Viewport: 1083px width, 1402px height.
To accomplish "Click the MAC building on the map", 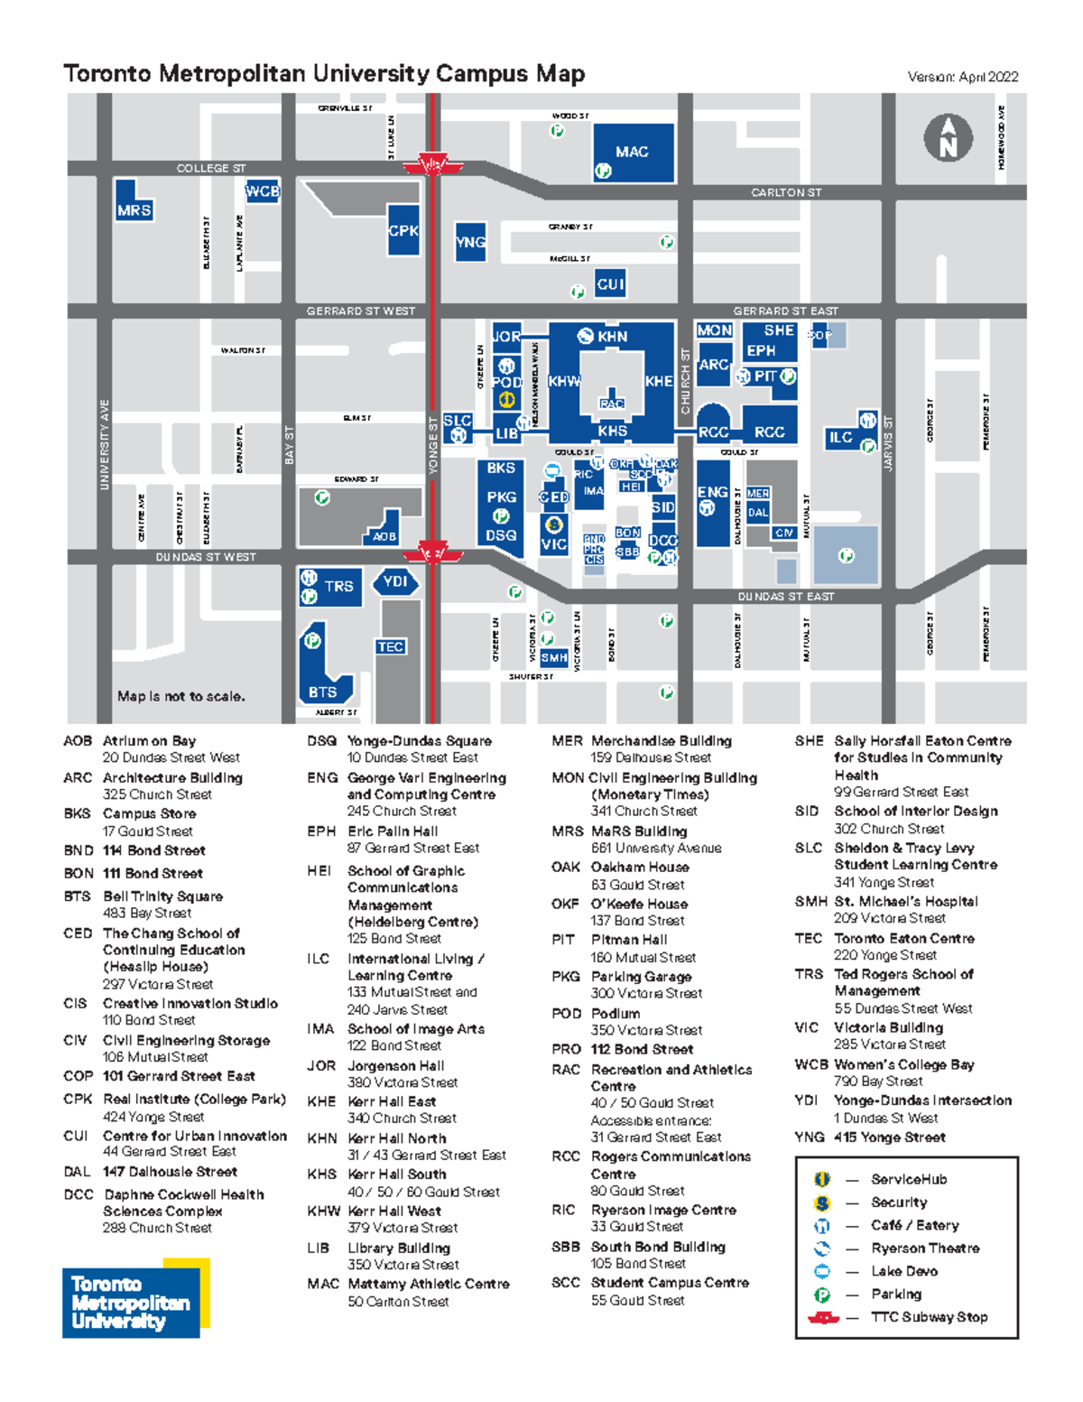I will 633,152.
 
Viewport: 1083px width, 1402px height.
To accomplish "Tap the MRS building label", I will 134,210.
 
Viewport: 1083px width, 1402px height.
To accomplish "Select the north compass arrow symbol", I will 948,138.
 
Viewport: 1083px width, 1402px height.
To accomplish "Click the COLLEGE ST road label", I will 210,168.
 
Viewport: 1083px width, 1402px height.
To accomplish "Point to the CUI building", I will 610,284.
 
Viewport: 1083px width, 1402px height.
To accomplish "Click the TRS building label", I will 338,586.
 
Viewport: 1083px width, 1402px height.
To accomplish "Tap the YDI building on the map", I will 395,581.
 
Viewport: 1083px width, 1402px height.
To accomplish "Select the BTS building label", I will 322,692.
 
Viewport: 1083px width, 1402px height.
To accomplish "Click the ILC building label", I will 840,437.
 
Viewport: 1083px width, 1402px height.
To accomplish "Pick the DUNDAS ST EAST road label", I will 785,597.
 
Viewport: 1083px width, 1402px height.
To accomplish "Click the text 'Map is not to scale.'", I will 180,696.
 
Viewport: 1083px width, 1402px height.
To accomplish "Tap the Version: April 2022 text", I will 962,77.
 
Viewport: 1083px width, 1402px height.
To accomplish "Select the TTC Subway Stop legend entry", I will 929,1317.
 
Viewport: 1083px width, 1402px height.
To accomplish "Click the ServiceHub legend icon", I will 822,1179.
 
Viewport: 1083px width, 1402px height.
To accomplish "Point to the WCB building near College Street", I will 263,191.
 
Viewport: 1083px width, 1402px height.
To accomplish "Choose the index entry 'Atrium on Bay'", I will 149,740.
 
